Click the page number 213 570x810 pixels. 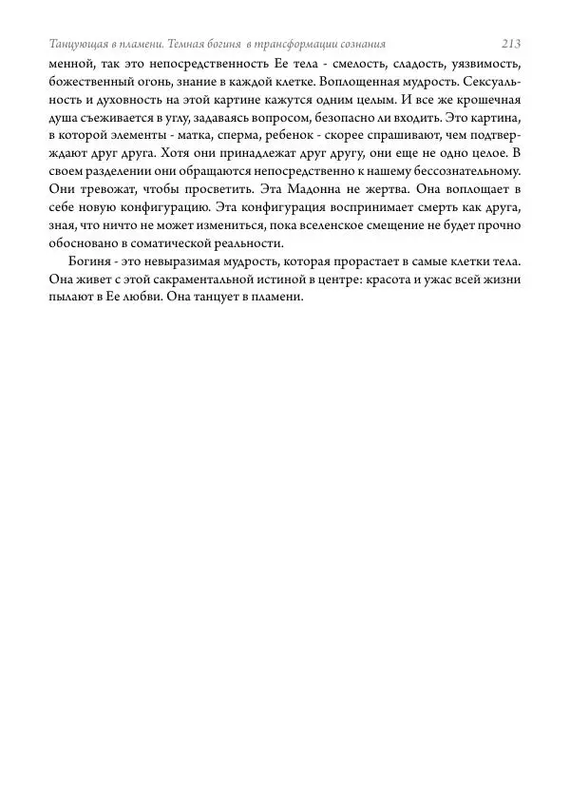(511, 44)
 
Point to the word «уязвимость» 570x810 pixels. (485, 64)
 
